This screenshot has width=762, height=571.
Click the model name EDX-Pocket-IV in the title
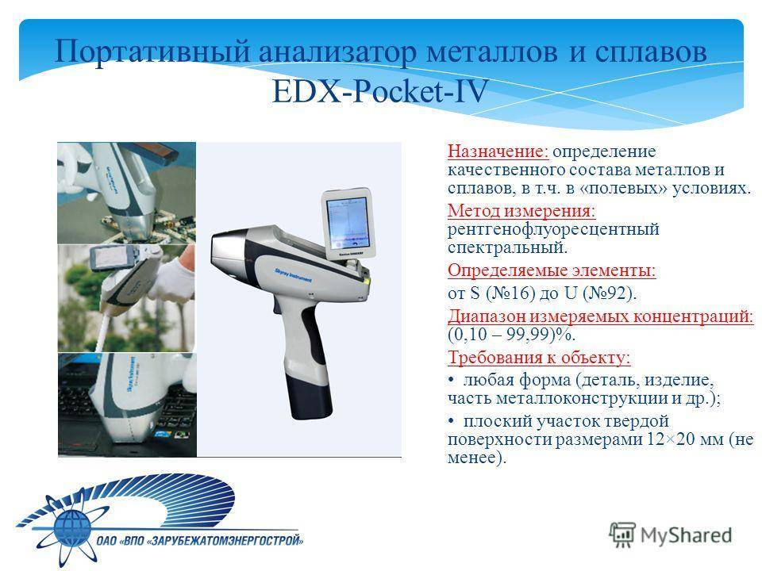pyautogui.click(x=379, y=90)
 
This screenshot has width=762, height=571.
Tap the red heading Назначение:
pyautogui.click(x=498, y=151)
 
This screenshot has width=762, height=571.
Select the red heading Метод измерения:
pyautogui.click(x=521, y=211)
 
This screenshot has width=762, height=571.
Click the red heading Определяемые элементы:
pyautogui.click(x=552, y=270)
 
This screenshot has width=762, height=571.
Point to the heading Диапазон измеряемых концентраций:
pyautogui.click(x=601, y=316)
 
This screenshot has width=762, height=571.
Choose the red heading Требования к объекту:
pyautogui.click(x=539, y=358)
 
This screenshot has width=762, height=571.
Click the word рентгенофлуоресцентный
pyautogui.click(x=553, y=229)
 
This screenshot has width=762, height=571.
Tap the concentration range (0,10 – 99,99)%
pyautogui.click(x=511, y=334)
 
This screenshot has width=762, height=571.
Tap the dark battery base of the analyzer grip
pyautogui.click(x=309, y=394)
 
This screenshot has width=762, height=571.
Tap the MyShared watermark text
pyautogui.click(x=686, y=535)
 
